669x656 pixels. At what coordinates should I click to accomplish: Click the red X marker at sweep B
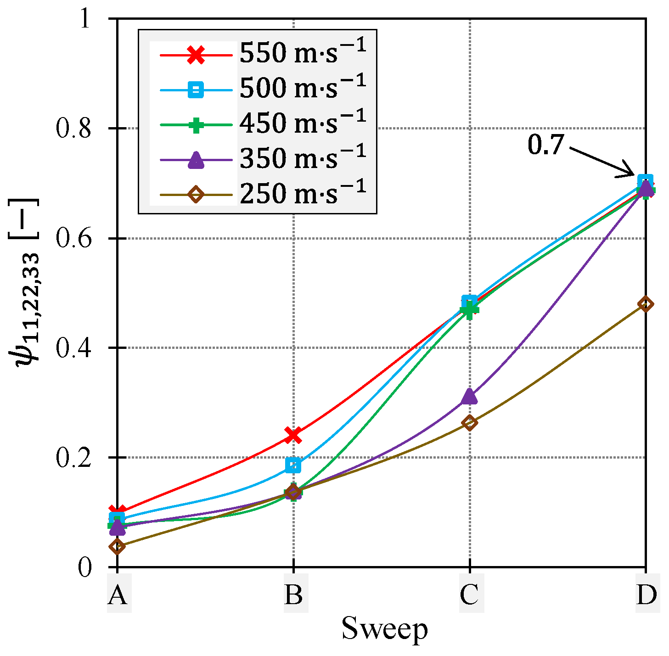click(293, 434)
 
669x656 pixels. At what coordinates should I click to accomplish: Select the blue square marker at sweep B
click(293, 465)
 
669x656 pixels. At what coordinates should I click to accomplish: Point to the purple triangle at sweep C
click(469, 396)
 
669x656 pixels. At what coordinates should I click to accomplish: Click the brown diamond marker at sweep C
click(469, 423)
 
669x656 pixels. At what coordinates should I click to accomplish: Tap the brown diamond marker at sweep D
click(646, 304)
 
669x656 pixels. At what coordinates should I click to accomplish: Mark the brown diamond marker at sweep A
click(117, 546)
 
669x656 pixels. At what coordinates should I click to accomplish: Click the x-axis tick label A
click(118, 595)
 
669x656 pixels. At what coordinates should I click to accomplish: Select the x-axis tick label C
click(469, 595)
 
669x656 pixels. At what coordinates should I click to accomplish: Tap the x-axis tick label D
click(647, 595)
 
